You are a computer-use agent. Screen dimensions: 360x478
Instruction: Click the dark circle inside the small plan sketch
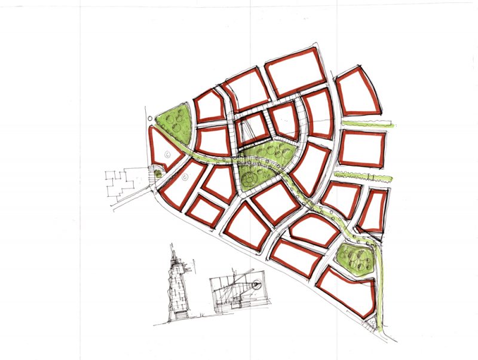pos(257,286)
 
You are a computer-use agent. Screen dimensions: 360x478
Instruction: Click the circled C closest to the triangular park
pos(168,155)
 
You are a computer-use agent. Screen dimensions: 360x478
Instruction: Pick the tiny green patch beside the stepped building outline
pos(157,174)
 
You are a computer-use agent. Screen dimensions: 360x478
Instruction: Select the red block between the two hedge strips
pos(362,148)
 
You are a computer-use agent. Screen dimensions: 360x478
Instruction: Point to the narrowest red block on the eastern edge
pos(373,211)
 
